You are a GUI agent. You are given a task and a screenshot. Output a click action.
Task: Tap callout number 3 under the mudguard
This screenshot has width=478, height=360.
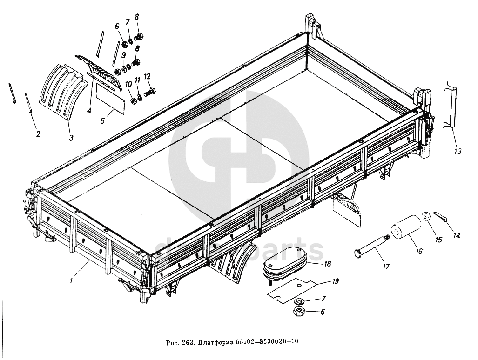pos(71,138)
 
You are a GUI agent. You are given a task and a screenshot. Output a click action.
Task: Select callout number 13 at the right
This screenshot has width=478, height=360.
pos(458,151)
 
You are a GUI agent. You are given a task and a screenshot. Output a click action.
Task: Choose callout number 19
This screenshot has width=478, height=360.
pos(335,281)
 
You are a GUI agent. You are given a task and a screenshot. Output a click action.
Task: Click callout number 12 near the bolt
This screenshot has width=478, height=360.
pos(147,76)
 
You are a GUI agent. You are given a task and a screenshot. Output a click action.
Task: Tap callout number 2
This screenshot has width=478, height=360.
pos(38,134)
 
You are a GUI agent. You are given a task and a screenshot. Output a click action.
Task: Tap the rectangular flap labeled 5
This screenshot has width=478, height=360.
pos(110,100)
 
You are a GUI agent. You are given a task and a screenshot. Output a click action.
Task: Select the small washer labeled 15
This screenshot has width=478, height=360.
pos(425,217)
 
